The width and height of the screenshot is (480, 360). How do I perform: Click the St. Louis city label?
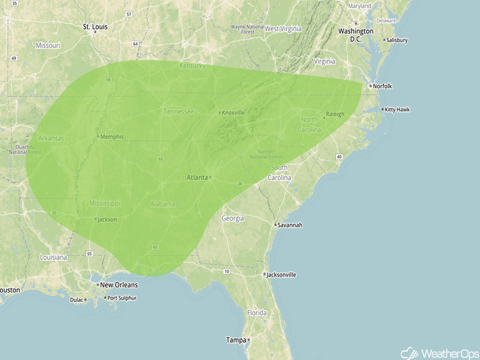(95, 26)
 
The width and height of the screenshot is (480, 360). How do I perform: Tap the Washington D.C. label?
(355, 35)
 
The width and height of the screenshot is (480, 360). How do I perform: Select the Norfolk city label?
(382, 86)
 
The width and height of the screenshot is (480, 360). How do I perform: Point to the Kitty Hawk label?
(397, 110)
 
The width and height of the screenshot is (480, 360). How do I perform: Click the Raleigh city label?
(335, 114)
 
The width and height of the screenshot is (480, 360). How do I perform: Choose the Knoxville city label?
(233, 112)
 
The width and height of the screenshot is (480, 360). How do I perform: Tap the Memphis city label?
(112, 137)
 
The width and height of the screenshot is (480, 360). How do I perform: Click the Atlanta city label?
(197, 178)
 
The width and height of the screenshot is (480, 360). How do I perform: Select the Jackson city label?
(107, 220)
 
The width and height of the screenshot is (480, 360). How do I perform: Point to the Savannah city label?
(291, 225)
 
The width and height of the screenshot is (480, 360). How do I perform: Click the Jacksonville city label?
(281, 275)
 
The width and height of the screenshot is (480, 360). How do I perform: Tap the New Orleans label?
(118, 285)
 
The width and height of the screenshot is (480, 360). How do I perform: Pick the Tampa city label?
(235, 340)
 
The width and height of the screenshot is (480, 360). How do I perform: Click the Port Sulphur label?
(121, 298)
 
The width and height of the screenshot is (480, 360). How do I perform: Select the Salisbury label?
(397, 40)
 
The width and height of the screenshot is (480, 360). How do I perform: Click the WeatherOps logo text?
(448, 353)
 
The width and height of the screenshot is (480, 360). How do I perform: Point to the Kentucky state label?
(192, 66)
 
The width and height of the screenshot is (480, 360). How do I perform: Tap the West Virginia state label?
(283, 29)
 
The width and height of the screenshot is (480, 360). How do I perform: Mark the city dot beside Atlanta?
(210, 178)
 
